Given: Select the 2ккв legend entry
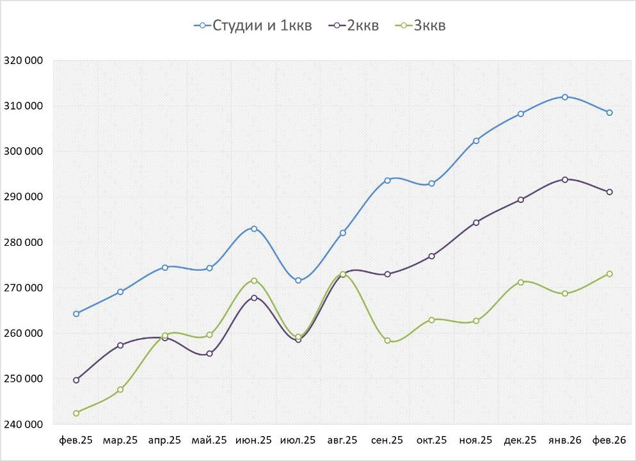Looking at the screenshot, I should click(x=354, y=26).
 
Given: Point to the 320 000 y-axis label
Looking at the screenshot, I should click(x=24, y=61).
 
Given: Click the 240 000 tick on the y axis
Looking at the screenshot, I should click(x=24, y=425).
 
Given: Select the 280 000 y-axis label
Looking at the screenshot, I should click(x=24, y=243).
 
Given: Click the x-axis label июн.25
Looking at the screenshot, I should click(x=254, y=441).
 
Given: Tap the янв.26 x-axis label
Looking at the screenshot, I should click(x=565, y=441).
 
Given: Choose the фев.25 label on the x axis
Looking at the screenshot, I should click(x=76, y=441).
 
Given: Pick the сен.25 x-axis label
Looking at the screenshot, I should click(x=387, y=441).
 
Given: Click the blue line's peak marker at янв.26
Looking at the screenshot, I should click(x=565, y=97).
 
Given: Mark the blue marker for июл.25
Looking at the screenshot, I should click(x=298, y=280).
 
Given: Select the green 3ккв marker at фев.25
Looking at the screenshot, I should click(x=76, y=413).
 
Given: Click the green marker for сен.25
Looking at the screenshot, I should click(x=387, y=341).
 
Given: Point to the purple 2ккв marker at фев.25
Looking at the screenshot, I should click(x=76, y=380).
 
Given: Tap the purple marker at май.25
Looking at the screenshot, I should click(x=209, y=353).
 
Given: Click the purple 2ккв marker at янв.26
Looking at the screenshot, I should click(x=565, y=179).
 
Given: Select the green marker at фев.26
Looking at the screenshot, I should click(x=609, y=273).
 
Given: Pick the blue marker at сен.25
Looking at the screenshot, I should click(x=387, y=181).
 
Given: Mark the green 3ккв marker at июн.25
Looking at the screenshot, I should click(x=254, y=280).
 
